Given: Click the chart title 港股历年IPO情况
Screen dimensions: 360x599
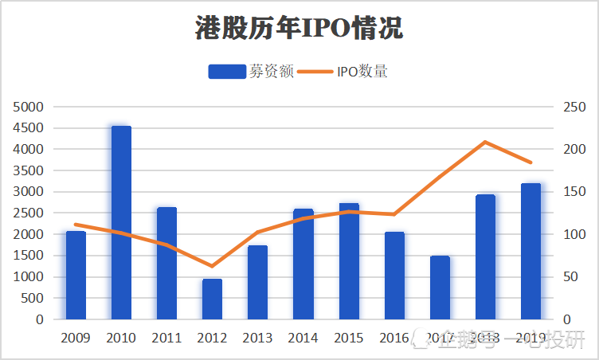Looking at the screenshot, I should coord(299,29).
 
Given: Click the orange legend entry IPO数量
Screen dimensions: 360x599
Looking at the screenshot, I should coord(346,72).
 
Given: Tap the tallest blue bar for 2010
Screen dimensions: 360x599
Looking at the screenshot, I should coord(121,223).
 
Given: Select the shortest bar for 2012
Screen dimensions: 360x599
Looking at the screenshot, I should coord(212,299).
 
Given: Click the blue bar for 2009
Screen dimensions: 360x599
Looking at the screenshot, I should coord(76,276).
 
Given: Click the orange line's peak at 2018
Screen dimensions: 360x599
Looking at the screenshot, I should coord(485,142).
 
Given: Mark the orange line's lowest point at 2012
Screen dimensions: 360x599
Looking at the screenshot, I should coord(212,266).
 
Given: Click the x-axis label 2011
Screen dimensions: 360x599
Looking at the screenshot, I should coord(166,338).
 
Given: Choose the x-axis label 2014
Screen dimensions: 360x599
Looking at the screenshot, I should coord(303,338).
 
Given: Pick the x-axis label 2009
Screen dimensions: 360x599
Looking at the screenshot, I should coord(76,338).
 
